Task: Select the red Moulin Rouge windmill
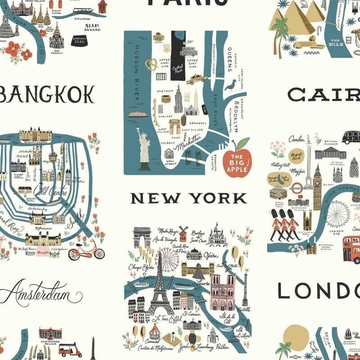(x=183, y=234)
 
